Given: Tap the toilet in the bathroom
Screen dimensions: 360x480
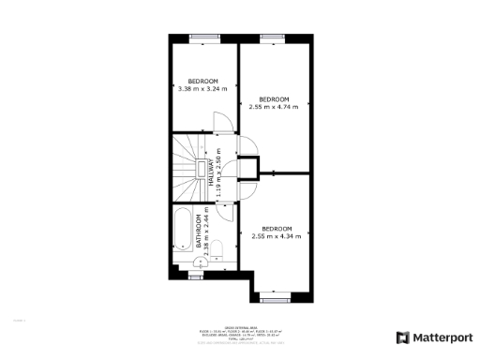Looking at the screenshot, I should tap(216, 248).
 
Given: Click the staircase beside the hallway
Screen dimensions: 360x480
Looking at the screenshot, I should tap(187, 169).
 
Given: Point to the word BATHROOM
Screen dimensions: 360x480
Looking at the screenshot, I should tap(199, 226).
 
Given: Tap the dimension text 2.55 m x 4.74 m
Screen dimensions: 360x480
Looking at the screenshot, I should tap(274, 107).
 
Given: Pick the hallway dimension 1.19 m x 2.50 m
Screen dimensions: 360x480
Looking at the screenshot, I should tap(218, 176).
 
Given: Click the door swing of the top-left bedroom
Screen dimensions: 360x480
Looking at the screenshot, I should tap(223, 123).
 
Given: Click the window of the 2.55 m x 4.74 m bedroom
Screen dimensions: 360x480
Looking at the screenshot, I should tap(273, 37).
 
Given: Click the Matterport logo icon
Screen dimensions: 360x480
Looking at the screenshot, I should tap(402, 337).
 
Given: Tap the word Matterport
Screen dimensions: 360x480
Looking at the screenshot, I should tap(440, 337).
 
